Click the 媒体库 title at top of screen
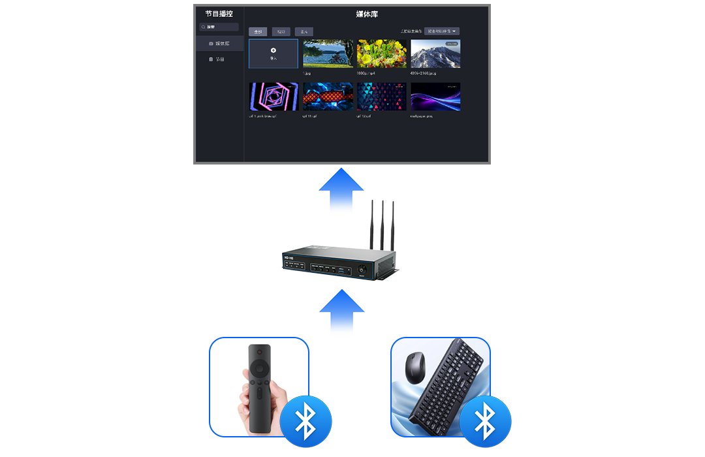coord(367,14)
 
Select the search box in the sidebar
coord(219,27)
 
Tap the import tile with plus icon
coord(274,54)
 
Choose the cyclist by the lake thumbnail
coord(328,54)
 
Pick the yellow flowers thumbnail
coord(382,54)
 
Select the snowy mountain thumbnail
coord(435,54)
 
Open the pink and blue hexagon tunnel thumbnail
coord(274,97)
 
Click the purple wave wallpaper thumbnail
coord(435,97)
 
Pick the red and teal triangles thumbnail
coord(382,97)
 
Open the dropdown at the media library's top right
coord(442,31)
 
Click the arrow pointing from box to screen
coord(341,190)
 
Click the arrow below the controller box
coord(341,313)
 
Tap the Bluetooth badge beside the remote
coord(305,421)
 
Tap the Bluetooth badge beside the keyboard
coord(485,421)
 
